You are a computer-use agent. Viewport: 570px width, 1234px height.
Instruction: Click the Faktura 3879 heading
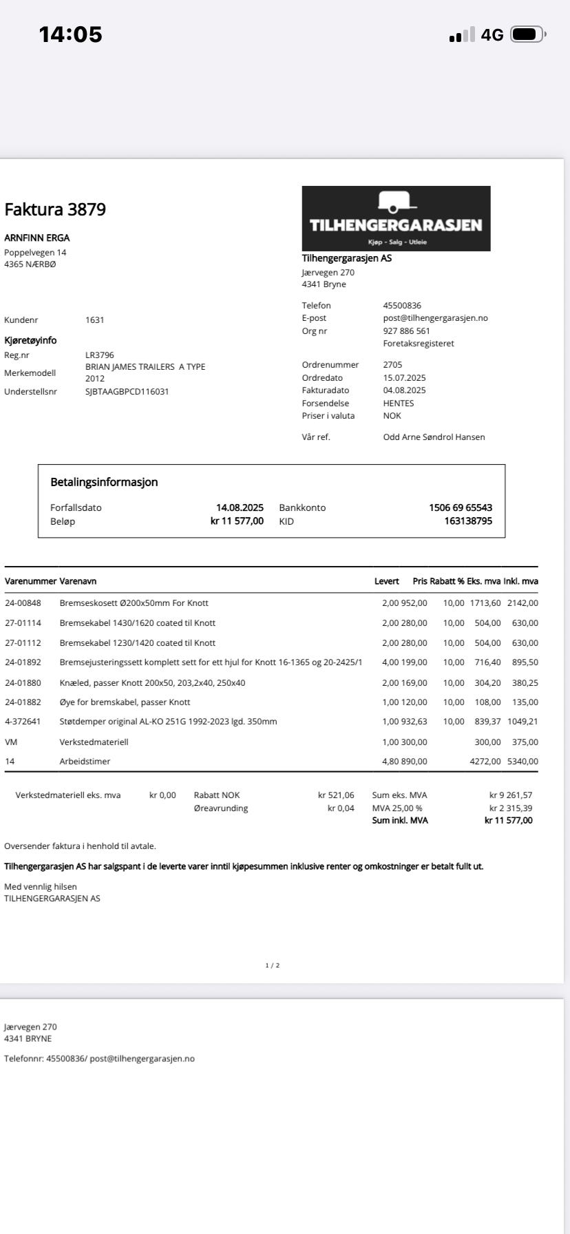pyautogui.click(x=55, y=210)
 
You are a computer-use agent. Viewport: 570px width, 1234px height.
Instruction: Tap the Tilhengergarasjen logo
pyautogui.click(x=396, y=218)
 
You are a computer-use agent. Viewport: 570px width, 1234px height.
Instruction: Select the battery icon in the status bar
pyautogui.click(x=528, y=34)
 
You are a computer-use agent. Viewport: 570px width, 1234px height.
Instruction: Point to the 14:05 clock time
pyautogui.click(x=70, y=34)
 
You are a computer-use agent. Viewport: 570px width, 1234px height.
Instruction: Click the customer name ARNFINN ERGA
pyautogui.click(x=37, y=238)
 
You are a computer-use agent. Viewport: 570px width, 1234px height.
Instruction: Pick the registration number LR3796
pyautogui.click(x=100, y=355)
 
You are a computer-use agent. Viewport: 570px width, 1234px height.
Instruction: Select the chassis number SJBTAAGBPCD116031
pyautogui.click(x=127, y=392)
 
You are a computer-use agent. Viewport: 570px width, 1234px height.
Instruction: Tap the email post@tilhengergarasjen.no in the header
pyautogui.click(x=435, y=318)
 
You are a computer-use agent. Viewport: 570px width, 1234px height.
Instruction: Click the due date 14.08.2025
pyautogui.click(x=240, y=508)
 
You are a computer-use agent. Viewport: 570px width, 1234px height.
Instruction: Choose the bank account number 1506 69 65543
pyautogui.click(x=461, y=508)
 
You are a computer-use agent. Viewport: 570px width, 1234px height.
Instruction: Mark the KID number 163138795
pyautogui.click(x=468, y=521)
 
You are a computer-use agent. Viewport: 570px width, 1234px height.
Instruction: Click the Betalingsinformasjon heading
pyautogui.click(x=104, y=482)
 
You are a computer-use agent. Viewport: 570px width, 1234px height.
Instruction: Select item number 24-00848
pyautogui.click(x=23, y=603)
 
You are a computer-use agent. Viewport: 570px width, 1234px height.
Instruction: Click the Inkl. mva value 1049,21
pyautogui.click(x=522, y=722)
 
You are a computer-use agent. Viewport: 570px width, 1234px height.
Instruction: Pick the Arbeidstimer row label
pyautogui.click(x=85, y=762)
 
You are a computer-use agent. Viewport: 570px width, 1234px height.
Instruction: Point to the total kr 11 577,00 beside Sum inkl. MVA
pyautogui.click(x=508, y=820)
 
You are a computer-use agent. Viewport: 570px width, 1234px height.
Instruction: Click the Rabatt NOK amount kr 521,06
pyautogui.click(x=336, y=795)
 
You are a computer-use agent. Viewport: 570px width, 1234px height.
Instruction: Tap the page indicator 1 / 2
pyautogui.click(x=273, y=965)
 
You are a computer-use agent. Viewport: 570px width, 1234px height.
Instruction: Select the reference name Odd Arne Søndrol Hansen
pyautogui.click(x=434, y=437)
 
